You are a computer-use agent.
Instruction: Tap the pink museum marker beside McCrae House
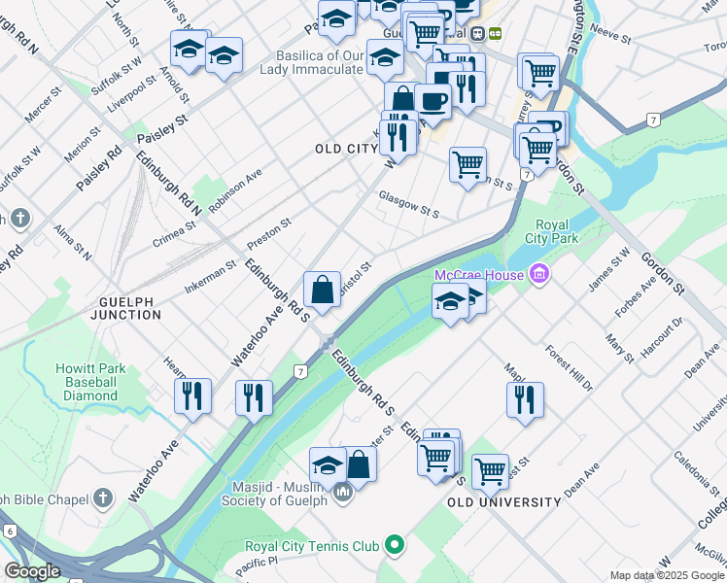pyautogui.click(x=539, y=276)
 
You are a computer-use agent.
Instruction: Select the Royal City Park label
pyautogui.click(x=545, y=230)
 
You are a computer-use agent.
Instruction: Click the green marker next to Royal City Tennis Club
pyautogui.click(x=394, y=546)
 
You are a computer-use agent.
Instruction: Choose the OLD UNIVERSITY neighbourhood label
pyautogui.click(x=504, y=502)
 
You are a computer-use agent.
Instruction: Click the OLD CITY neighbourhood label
pyautogui.click(x=346, y=149)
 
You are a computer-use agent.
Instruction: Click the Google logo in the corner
pyautogui.click(x=32, y=570)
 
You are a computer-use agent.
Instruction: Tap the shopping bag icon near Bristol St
pyautogui.click(x=322, y=290)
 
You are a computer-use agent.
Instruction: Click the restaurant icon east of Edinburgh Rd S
pyautogui.click(x=525, y=398)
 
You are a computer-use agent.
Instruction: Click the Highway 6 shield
pyautogui.click(x=10, y=531)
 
